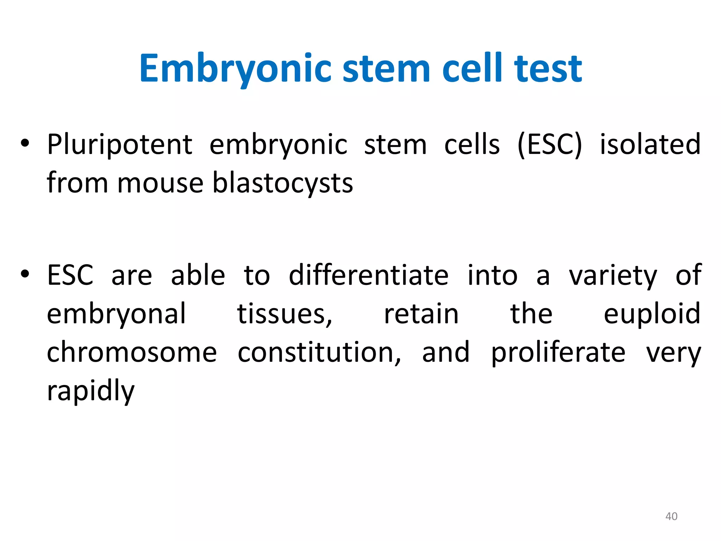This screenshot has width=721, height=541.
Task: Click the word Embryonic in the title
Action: coord(235,69)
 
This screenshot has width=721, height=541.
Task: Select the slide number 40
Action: coord(671,516)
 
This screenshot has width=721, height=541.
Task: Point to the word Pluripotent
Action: coord(120,145)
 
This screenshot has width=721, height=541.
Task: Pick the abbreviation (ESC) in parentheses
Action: coord(550,145)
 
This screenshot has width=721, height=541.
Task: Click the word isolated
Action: coord(650,144)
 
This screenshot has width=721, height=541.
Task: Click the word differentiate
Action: coord(369,275)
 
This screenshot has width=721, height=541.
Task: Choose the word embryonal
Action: coord(116,314)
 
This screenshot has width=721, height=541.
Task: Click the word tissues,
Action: coord(284,314)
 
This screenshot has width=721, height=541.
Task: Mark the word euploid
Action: coord(652,314)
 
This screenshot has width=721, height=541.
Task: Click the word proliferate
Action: coord(558,353)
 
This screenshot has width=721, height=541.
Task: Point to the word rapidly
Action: coord(91,391)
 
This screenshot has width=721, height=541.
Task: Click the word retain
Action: coord(421,314)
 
